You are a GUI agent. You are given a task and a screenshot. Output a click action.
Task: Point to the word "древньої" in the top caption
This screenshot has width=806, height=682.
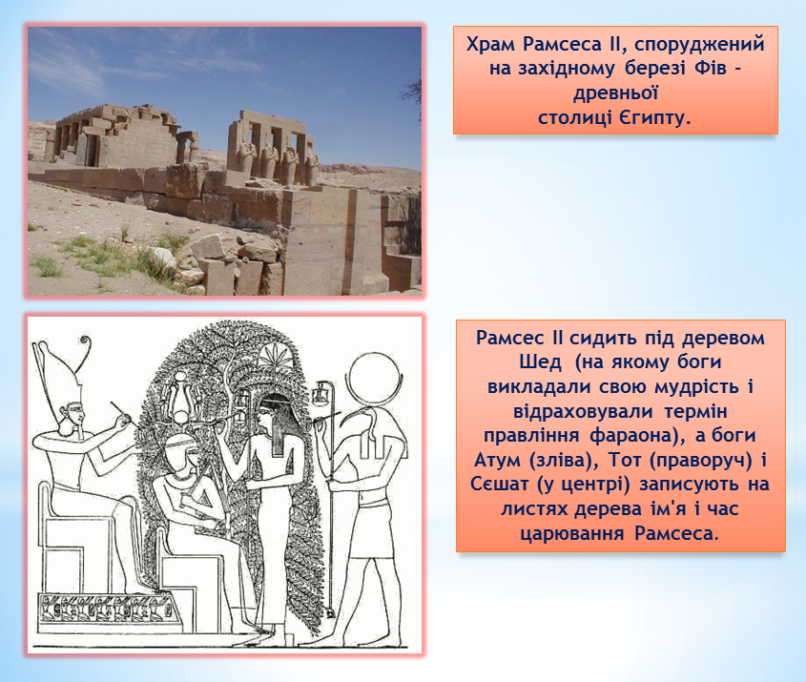click(x=616, y=93)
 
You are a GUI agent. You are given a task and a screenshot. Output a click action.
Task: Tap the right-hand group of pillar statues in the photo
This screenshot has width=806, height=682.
click(x=273, y=148)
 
